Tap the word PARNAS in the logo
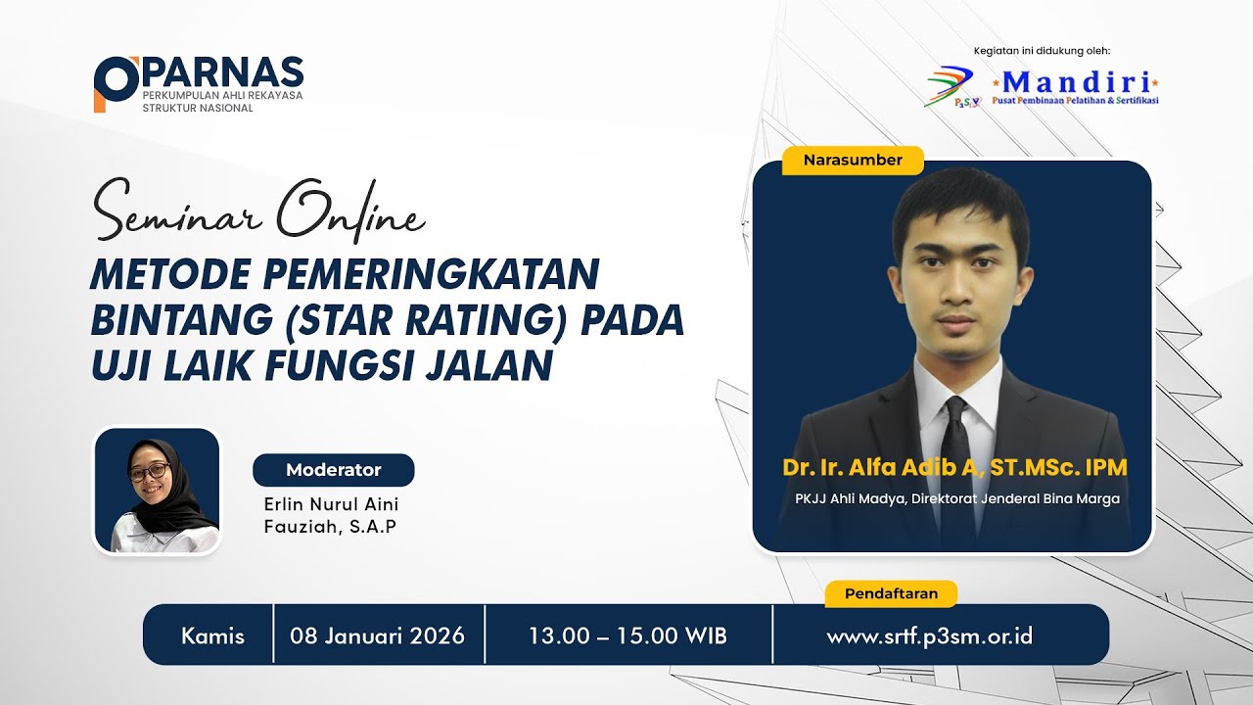coord(223,72)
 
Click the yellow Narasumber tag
coord(853,160)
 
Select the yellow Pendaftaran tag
coord(891,593)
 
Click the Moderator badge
coord(333,470)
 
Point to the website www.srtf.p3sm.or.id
coord(929,635)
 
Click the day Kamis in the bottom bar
coord(212,635)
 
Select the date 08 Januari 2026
coord(377,635)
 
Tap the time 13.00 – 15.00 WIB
coord(627,635)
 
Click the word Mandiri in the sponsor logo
coord(1076,80)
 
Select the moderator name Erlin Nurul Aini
coord(331,504)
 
